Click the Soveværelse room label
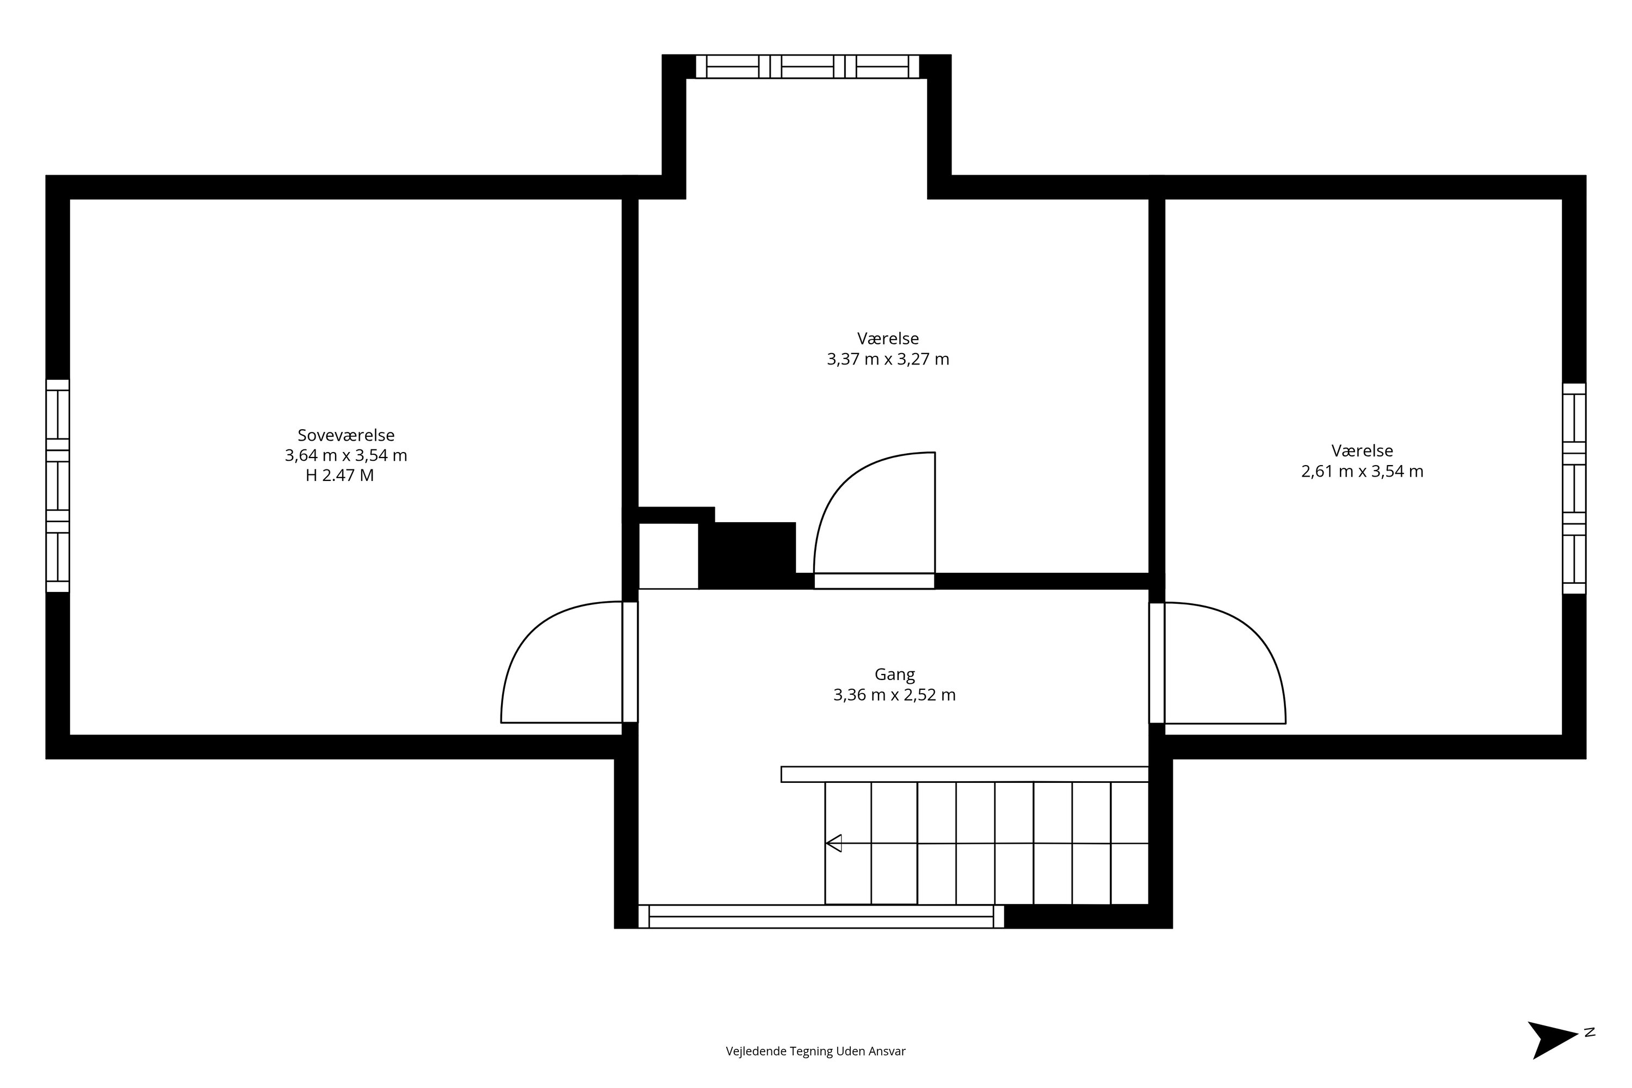point(345,435)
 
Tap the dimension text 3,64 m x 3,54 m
point(345,456)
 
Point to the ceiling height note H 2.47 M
point(339,476)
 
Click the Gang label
point(894,675)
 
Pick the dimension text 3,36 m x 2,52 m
point(894,695)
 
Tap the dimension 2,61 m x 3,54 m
point(1362,472)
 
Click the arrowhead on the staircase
point(833,843)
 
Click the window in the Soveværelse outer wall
point(58,486)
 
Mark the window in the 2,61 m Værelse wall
point(1574,489)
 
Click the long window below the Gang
point(821,917)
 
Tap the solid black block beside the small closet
point(747,555)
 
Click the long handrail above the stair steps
point(965,774)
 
